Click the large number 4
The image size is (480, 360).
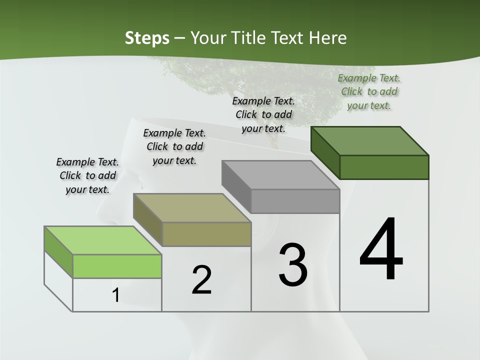click(x=381, y=250)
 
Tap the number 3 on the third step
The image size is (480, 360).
click(x=293, y=264)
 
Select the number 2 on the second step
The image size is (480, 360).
click(x=201, y=280)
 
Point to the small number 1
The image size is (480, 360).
click(x=116, y=295)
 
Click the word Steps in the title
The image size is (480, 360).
click(x=147, y=38)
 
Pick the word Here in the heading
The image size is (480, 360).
click(x=328, y=38)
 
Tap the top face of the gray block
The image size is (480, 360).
click(x=280, y=174)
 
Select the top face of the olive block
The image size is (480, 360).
click(x=191, y=207)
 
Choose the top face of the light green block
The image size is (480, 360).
click(x=102, y=240)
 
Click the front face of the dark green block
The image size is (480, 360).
click(x=384, y=167)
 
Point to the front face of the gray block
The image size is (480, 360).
click(x=295, y=201)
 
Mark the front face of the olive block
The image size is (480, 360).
click(x=206, y=234)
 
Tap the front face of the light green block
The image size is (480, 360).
click(x=117, y=266)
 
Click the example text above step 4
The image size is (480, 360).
click(x=369, y=91)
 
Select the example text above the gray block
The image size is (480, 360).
click(x=263, y=114)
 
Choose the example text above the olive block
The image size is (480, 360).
click(x=174, y=146)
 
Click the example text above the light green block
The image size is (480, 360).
click(x=87, y=175)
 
